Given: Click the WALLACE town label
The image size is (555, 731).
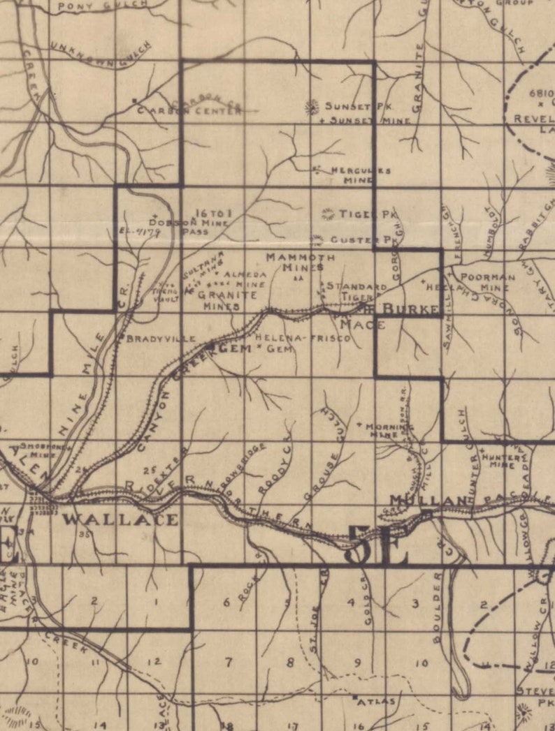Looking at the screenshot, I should [x=120, y=519].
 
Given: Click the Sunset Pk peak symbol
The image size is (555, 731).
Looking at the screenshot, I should [x=312, y=107].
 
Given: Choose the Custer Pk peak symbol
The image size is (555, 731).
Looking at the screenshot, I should [x=317, y=239].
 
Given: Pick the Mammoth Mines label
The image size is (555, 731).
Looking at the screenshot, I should [x=301, y=261].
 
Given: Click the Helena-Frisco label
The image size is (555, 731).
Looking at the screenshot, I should [x=303, y=338].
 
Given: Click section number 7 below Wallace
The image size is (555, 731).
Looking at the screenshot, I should [x=228, y=661].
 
